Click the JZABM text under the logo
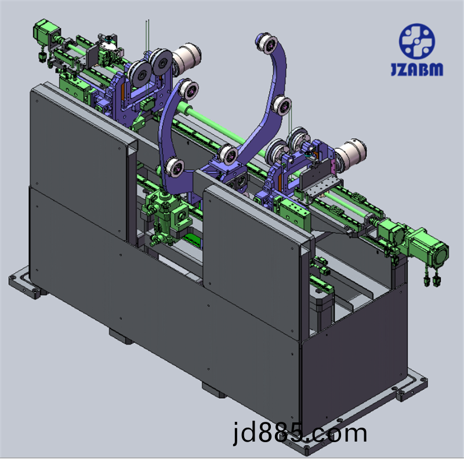click(x=417, y=69)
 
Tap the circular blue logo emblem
click(x=417, y=41)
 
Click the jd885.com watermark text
click(x=300, y=433)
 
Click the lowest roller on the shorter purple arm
click(x=173, y=168)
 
